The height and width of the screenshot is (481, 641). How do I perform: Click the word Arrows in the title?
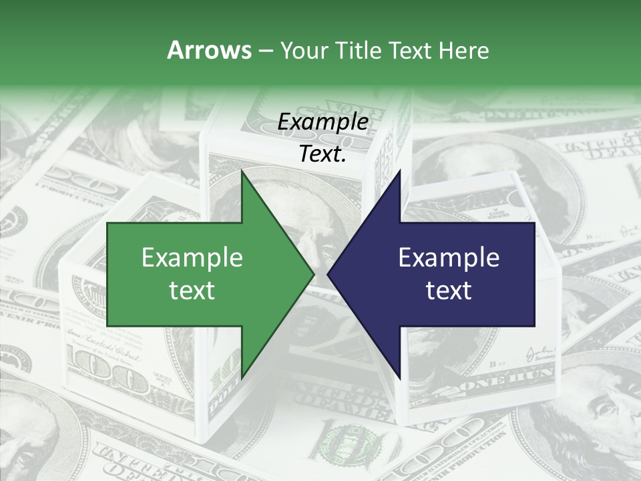pos(208,50)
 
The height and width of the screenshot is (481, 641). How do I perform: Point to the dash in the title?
pos(265,51)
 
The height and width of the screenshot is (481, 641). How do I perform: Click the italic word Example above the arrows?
pos(323,122)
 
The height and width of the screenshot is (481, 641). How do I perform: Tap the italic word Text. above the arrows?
pos(323,154)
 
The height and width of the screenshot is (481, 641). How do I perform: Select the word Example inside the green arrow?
pos(192,257)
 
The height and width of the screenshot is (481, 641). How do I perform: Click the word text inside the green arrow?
pos(192,290)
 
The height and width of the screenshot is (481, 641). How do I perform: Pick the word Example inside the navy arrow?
pos(449,257)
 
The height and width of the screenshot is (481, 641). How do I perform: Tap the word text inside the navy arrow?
pos(449,290)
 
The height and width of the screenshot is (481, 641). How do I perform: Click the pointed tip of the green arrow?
pos(313,274)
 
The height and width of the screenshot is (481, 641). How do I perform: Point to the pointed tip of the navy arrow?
pos(328,274)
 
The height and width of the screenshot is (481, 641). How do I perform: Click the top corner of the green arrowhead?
pos(242,171)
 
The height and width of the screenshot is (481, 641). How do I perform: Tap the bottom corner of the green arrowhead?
pos(242,377)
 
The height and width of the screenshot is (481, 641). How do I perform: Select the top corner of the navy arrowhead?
pos(399,171)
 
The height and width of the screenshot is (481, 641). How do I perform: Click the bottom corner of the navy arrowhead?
pos(399,377)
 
